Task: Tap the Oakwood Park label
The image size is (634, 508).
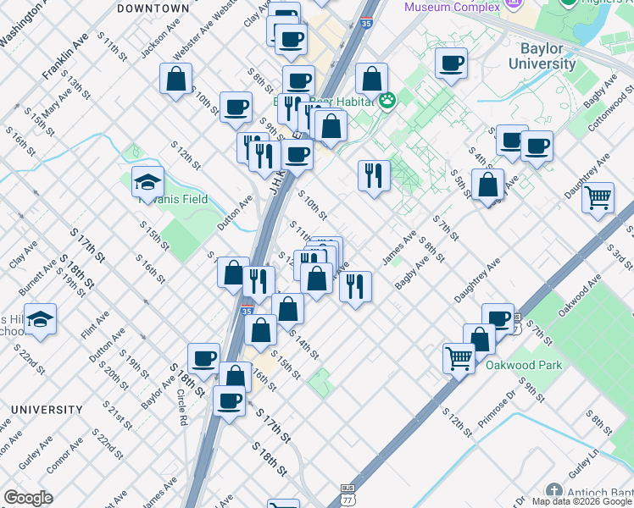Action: (525, 366)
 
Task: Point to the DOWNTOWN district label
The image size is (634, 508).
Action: (153, 8)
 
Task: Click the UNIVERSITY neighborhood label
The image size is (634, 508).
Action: (47, 410)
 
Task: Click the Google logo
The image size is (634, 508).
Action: (28, 498)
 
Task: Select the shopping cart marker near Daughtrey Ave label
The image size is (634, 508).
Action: (598, 198)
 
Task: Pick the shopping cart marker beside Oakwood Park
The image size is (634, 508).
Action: (459, 356)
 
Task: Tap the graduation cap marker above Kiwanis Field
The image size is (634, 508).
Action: (147, 181)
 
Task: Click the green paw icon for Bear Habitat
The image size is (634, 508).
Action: (387, 101)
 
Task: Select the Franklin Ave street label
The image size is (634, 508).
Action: (65, 58)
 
